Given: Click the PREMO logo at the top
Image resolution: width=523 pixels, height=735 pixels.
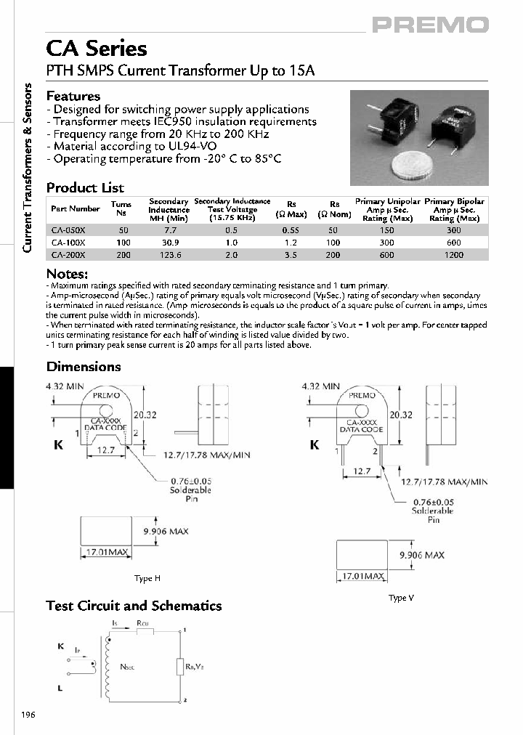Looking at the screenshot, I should (430, 25).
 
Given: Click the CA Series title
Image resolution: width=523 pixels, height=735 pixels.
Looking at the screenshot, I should (97, 49).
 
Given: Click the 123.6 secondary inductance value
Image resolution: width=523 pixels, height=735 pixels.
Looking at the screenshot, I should (169, 254).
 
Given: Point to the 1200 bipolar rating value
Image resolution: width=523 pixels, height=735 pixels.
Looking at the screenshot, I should (454, 254).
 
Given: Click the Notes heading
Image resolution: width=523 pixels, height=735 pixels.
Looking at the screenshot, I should (67, 274).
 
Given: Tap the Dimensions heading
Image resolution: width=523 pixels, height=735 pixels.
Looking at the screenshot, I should (84, 367).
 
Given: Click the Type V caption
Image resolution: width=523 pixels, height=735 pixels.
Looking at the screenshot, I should (401, 598).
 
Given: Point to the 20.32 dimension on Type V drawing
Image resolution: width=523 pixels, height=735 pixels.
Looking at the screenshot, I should (400, 415).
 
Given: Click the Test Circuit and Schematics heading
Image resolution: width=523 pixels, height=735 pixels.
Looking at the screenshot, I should (134, 606).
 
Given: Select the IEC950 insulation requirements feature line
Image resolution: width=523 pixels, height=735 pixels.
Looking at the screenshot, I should (182, 122).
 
